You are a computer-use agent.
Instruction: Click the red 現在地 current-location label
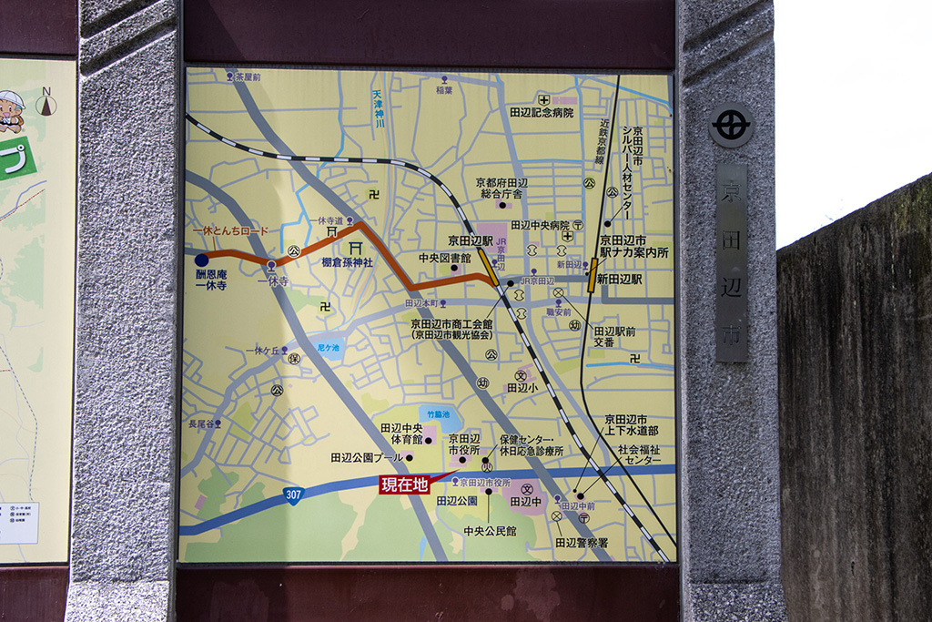tap(404, 484)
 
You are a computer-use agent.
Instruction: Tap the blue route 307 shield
tap(293, 495)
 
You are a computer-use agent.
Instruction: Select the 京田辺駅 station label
tap(470, 241)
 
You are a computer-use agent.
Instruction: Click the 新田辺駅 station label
tap(620, 280)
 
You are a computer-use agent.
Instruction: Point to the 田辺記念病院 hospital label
tap(542, 113)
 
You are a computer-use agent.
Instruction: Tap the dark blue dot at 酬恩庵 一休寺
tap(202, 260)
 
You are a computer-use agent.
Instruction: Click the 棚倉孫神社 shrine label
tap(348, 262)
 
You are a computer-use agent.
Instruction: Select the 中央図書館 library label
tap(445, 259)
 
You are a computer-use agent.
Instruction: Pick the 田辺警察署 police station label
tap(582, 543)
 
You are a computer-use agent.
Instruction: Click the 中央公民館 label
tap(490, 531)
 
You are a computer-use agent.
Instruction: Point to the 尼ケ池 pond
tap(329, 348)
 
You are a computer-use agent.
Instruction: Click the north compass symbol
tap(46, 104)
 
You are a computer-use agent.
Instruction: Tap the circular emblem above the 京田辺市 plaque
tap(731, 126)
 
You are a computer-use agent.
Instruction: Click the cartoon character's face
tap(10, 112)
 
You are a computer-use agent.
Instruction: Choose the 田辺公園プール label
tap(366, 456)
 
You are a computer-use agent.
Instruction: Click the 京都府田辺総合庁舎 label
tap(501, 188)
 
